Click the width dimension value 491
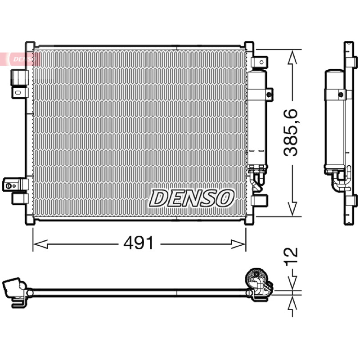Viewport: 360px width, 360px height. [139, 243]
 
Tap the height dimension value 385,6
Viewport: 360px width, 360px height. [290, 133]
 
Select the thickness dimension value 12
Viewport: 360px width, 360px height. [292, 256]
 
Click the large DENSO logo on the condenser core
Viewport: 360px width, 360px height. [192, 198]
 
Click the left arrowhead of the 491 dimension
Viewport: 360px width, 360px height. [40, 244]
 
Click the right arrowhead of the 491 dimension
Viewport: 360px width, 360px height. [238, 244]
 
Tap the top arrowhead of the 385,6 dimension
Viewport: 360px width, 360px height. [292, 58]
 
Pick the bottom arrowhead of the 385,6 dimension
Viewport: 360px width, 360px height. [292, 208]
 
